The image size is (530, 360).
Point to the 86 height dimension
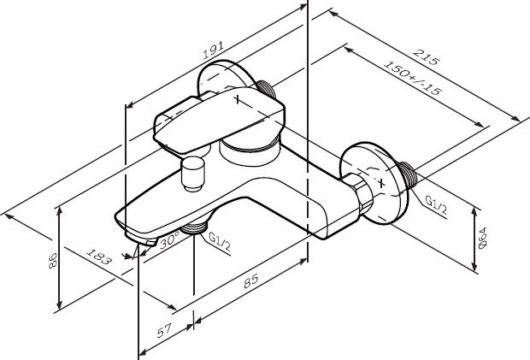(51, 260)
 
